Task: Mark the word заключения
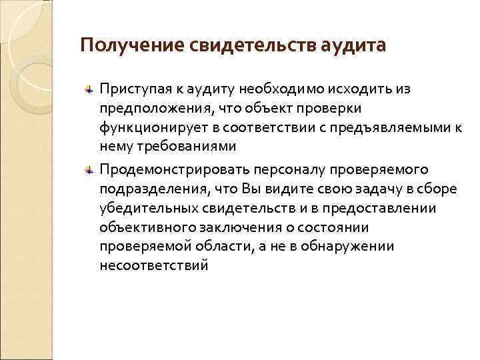click(224, 228)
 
